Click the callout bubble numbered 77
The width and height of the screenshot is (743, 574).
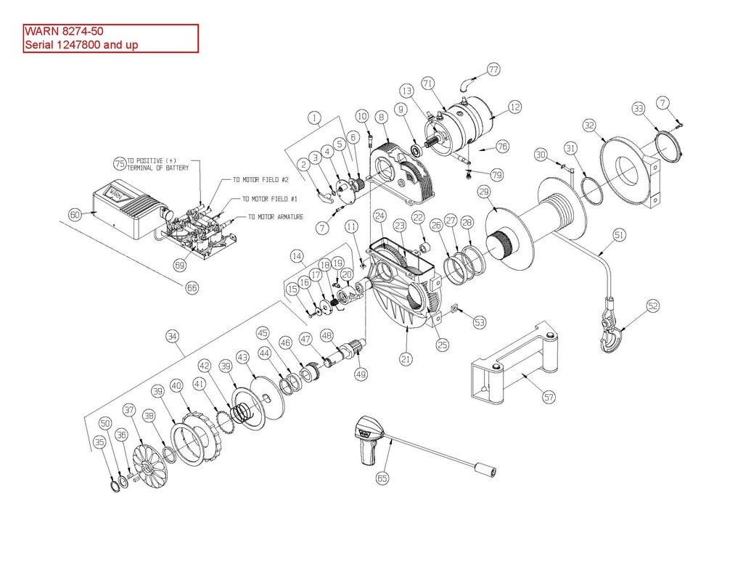(x=493, y=70)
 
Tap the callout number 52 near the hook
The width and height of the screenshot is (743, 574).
(x=653, y=306)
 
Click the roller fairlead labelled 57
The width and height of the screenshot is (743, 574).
(x=514, y=362)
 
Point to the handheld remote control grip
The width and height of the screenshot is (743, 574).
(x=369, y=440)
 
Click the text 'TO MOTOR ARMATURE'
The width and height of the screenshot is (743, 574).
(x=276, y=217)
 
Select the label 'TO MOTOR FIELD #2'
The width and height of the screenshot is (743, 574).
(x=260, y=180)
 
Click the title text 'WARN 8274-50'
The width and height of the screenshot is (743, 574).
(x=64, y=31)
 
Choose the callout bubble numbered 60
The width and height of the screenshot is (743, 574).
(x=75, y=215)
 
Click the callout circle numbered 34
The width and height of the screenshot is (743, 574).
(x=173, y=337)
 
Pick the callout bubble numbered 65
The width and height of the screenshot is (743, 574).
(x=382, y=478)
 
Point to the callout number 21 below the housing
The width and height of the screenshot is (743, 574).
(x=406, y=358)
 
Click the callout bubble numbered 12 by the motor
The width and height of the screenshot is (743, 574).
(x=515, y=107)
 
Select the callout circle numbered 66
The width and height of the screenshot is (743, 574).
(x=192, y=287)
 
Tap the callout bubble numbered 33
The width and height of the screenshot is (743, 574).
(x=639, y=109)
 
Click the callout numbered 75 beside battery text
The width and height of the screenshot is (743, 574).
(x=120, y=164)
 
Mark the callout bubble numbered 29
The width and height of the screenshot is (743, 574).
(x=484, y=192)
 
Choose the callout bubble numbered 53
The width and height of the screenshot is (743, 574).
(x=480, y=322)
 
